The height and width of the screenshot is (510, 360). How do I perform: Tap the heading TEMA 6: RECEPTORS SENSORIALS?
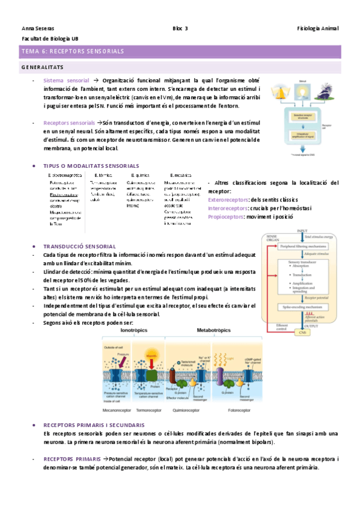coord(72,52)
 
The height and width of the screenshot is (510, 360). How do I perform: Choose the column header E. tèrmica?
coord(100,175)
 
